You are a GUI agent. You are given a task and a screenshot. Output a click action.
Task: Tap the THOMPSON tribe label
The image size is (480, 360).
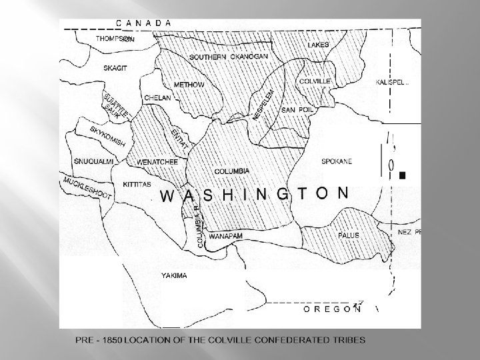pyautogui.click(x=115, y=39)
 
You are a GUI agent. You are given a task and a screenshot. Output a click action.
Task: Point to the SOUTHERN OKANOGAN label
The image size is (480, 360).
pyautogui.click(x=229, y=57)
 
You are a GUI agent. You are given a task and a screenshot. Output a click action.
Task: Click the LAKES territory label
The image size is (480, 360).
pyautogui.click(x=318, y=45)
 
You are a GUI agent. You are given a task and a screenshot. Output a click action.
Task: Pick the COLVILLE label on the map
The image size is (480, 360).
pyautogui.click(x=315, y=81)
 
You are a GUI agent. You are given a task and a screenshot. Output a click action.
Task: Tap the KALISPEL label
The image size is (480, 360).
pyautogui.click(x=393, y=81)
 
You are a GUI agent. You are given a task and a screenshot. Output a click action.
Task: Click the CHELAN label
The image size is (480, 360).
pyautogui.click(x=158, y=98)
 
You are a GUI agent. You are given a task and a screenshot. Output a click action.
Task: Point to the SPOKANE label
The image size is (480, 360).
pyautogui.click(x=337, y=161)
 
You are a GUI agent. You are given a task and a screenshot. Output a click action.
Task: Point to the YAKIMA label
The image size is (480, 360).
pyautogui.click(x=175, y=275)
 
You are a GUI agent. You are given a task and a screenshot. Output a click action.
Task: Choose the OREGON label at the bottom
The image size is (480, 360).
pyautogui.click(x=332, y=309)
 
